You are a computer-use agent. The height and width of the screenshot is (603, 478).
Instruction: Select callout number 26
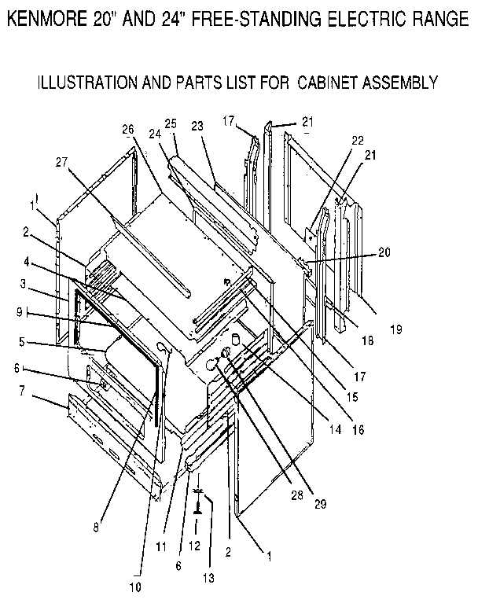129,129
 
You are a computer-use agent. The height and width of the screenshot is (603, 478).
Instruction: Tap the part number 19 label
396,329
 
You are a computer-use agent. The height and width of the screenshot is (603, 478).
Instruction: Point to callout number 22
357,140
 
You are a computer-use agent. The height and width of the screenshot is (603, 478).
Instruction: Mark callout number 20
383,252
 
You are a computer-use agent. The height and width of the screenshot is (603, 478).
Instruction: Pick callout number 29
320,502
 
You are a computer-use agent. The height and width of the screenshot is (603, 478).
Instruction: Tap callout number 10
135,586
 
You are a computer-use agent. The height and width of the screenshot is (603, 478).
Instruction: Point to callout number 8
96,528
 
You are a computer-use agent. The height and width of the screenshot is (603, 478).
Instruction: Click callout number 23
197,125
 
